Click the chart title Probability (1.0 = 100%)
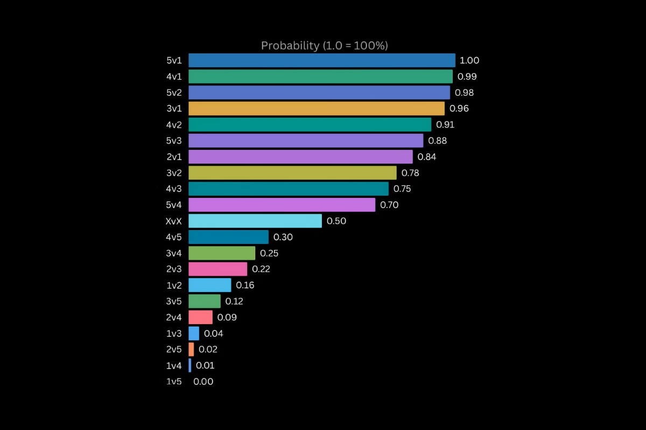[324, 46]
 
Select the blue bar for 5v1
[321, 60]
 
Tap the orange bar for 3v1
[317, 109]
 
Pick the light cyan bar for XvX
[255, 221]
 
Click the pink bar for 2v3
[217, 269]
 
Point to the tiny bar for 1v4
[189, 365]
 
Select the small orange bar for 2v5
[191, 349]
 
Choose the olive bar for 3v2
[292, 173]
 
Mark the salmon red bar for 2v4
[200, 317]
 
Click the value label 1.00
[469, 61]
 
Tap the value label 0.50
[336, 221]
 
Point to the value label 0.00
[203, 382]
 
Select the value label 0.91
[445, 125]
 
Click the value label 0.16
[245, 285]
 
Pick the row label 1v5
[174, 382]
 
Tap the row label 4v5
[174, 237]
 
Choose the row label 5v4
[174, 205]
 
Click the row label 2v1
[174, 157]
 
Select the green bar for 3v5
[205, 301]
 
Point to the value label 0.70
[389, 205]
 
